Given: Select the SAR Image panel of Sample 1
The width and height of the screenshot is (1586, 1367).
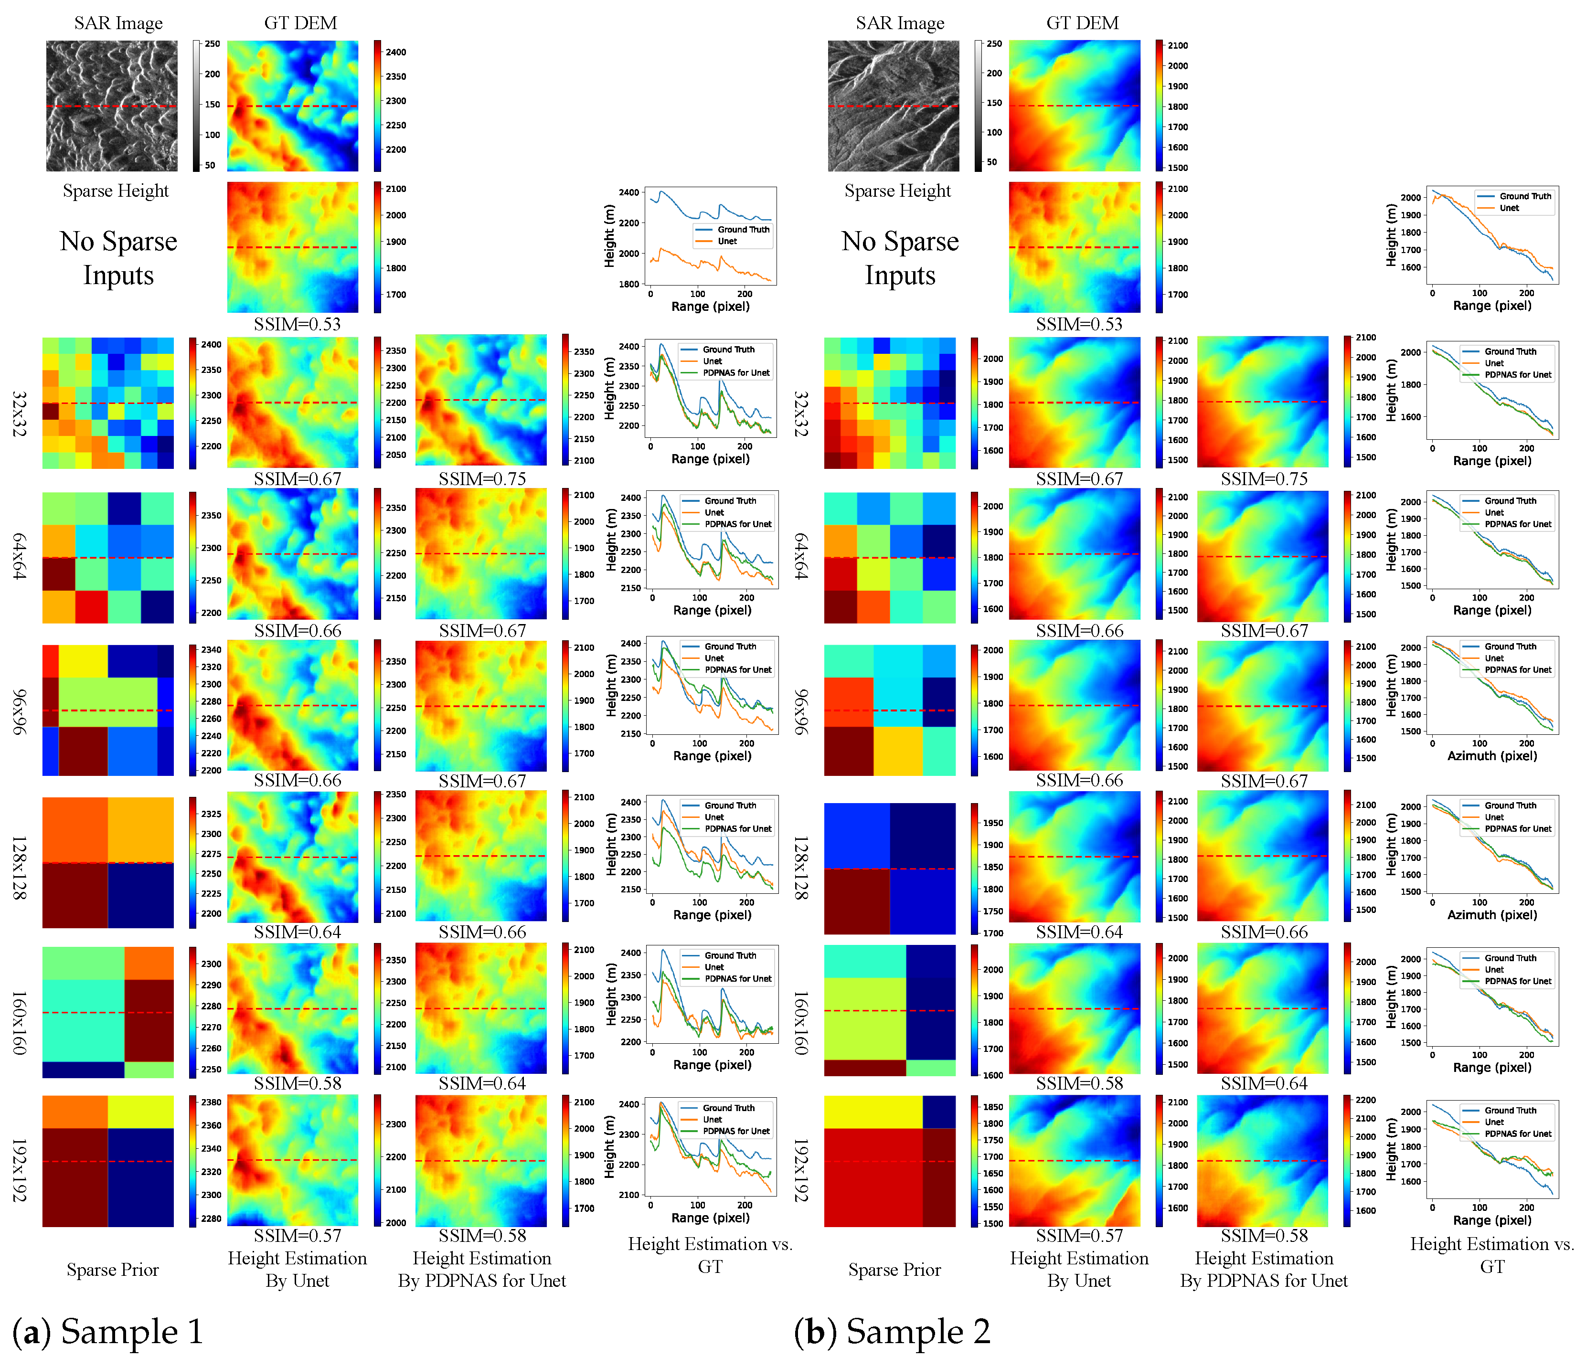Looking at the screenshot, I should pos(112,106).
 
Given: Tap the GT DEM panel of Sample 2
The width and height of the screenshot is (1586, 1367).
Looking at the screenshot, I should pos(1074,106).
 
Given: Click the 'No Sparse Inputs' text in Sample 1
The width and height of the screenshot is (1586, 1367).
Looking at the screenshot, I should pos(118,258).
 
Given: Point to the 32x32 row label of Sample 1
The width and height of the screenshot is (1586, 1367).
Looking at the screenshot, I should pos(19,413).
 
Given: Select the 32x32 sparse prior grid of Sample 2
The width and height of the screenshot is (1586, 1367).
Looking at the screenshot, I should pos(889,403).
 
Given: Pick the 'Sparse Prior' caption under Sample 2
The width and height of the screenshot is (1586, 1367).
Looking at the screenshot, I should pos(894,1270).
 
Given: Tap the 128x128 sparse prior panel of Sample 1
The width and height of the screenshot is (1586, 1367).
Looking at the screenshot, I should pos(108,863).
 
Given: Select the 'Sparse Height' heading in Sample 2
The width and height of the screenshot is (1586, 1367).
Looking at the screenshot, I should pos(897,191).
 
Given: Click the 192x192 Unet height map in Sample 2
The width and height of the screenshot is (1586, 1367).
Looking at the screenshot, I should pos(1074,1160).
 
